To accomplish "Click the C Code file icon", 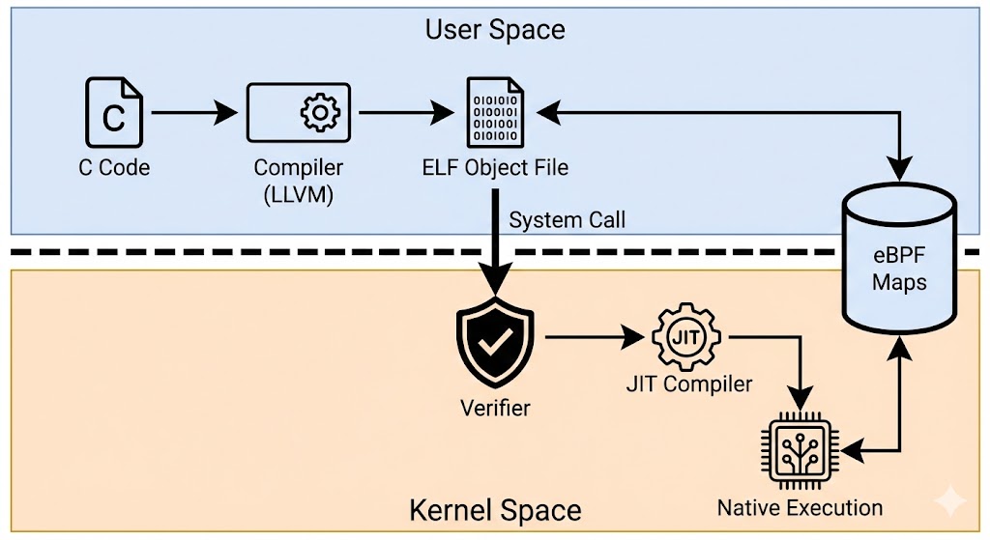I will click(x=114, y=114).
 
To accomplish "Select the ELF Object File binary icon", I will click(x=495, y=113).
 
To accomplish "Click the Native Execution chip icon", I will click(x=800, y=448).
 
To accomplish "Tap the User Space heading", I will click(x=495, y=29).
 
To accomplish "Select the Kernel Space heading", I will click(x=495, y=510).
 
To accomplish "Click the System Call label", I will click(x=568, y=220).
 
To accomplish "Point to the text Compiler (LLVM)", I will click(x=299, y=180).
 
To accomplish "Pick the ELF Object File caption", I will click(x=495, y=167).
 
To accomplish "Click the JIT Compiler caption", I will click(x=688, y=384).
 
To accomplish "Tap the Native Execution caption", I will click(x=800, y=507).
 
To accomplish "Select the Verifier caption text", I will click(x=495, y=407).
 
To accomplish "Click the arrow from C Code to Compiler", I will click(x=193, y=114).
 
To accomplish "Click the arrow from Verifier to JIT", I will click(x=595, y=338).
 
